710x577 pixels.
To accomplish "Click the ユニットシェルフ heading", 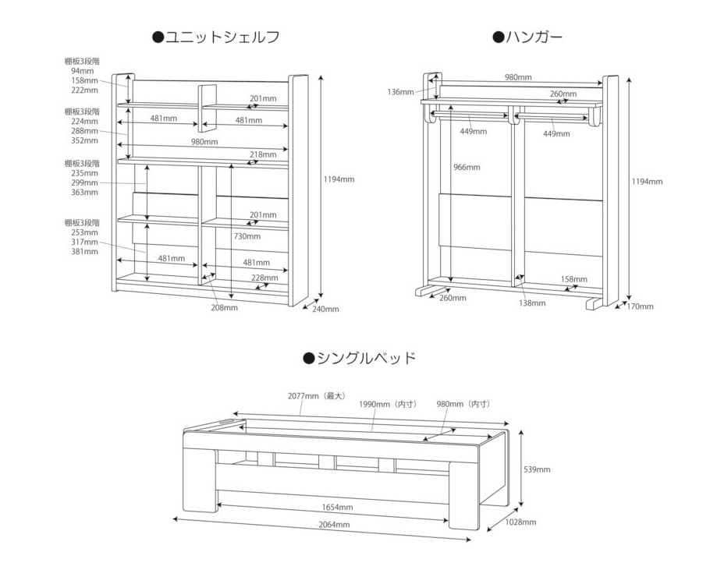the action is point(216,37).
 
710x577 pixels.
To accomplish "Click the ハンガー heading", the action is point(527,37).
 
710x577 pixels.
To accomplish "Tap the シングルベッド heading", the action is point(359,359).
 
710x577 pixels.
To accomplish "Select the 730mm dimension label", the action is point(247,236).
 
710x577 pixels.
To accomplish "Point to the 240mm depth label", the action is point(325,309).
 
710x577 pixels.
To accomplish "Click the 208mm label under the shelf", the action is point(224,308).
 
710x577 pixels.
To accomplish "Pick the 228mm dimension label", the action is point(265,278).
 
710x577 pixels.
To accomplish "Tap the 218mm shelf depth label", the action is point(263,154).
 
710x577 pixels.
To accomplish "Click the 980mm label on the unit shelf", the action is point(204,142).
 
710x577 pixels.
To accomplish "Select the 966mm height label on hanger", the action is point(467,168).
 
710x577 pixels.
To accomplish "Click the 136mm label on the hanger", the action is point(401,92).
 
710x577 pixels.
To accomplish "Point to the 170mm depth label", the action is point(641,307).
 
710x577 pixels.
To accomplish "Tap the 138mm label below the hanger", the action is point(532,303).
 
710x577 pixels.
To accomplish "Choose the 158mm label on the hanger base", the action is point(573,279).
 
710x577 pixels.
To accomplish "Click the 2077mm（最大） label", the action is point(318,396).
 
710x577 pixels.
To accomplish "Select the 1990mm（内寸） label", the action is point(389,404).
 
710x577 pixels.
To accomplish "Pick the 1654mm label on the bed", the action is point(337,508).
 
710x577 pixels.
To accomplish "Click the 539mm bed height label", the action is point(537,469).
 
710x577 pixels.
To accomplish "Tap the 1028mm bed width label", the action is point(520,522).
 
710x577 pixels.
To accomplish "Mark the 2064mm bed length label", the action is point(334,525).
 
